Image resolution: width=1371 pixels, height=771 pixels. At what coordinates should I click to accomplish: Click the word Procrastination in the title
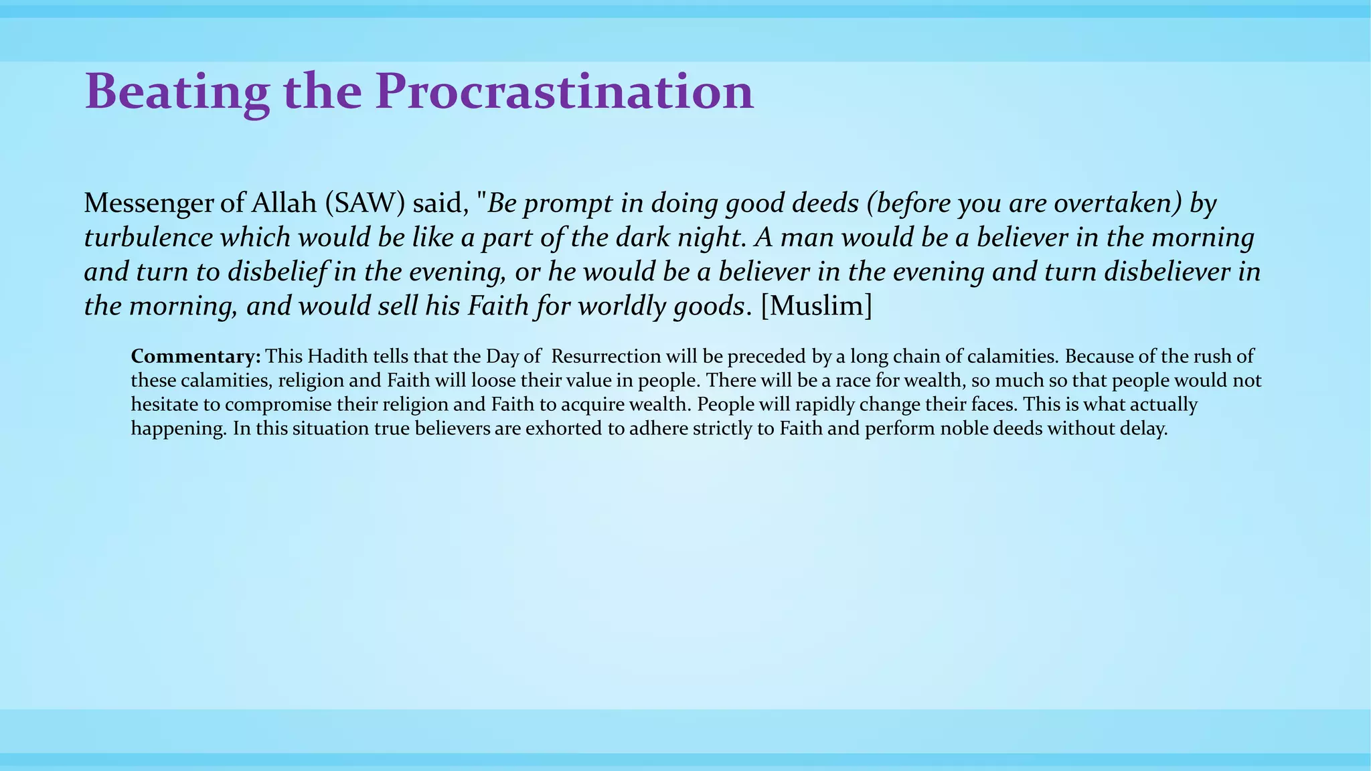point(564,92)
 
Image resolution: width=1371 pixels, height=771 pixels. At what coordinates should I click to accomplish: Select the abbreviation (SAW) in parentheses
point(365,203)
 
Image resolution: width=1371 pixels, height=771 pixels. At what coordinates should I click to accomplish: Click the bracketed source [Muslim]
point(817,306)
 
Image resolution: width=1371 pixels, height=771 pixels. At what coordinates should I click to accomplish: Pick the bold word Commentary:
point(195,355)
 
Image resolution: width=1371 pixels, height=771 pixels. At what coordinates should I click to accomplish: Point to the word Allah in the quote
point(284,203)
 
